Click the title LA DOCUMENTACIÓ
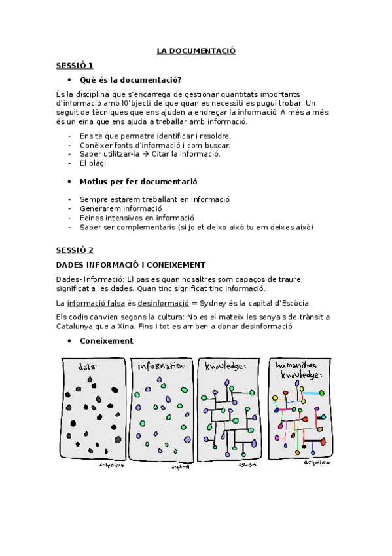[x=196, y=50]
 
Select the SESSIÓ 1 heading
[x=74, y=65]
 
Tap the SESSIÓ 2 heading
[x=74, y=250]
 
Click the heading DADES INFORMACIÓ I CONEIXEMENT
[x=131, y=265]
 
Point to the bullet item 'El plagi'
[x=92, y=163]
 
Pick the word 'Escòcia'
[x=294, y=303]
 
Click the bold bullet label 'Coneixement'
[x=106, y=341]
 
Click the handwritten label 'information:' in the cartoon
[x=162, y=366]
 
